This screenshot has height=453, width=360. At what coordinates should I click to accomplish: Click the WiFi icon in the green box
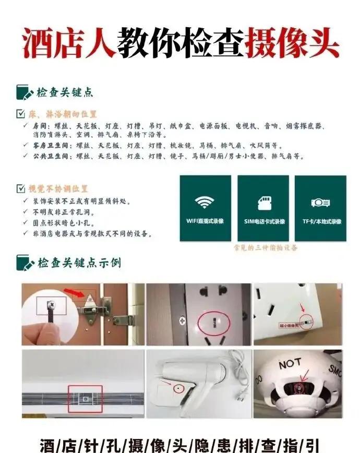click(205, 202)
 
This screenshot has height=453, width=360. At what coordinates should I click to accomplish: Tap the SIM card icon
click(263, 202)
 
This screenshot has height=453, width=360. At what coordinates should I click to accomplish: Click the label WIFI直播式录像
click(205, 221)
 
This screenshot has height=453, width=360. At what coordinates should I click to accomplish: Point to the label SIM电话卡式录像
click(263, 221)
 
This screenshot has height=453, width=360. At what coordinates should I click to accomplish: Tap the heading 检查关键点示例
click(78, 263)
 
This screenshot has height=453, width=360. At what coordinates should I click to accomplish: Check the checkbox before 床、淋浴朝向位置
click(20, 114)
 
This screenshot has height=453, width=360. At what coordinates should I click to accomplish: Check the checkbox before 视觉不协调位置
click(20, 188)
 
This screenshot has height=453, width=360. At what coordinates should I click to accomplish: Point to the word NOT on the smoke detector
click(290, 364)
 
